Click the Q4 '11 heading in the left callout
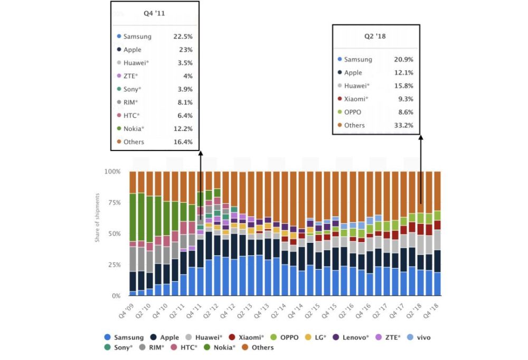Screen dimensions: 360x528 [154, 13]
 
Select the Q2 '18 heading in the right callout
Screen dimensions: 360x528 [375, 36]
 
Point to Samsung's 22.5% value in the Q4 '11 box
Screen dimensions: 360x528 [182, 36]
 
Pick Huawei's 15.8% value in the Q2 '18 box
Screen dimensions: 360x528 [403, 86]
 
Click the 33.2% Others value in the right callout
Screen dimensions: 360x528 [403, 125]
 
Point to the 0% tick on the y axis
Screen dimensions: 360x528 [116, 296]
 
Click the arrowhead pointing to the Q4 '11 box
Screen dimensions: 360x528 [201, 153]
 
